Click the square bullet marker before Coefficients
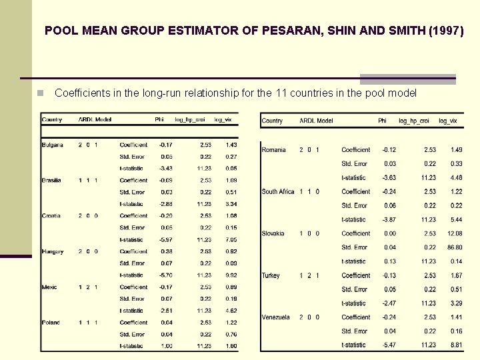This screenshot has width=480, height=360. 41,93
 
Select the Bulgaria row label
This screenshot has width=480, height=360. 53,145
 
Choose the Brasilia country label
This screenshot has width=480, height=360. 52,180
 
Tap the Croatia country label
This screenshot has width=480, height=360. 51,216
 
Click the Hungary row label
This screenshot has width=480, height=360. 53,252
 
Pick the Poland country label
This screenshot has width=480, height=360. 51,323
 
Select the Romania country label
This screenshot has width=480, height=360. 274,150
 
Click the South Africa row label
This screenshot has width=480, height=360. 278,192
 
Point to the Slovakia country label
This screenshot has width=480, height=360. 273,234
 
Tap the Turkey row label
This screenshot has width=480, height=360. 271,276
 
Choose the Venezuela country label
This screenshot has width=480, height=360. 276,318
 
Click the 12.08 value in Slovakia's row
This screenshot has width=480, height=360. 455,234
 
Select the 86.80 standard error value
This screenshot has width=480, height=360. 455,248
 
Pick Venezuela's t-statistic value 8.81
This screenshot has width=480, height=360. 456,345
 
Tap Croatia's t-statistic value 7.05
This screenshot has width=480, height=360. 230,240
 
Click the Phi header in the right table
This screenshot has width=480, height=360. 382,121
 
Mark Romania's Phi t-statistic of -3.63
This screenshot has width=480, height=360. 389,178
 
